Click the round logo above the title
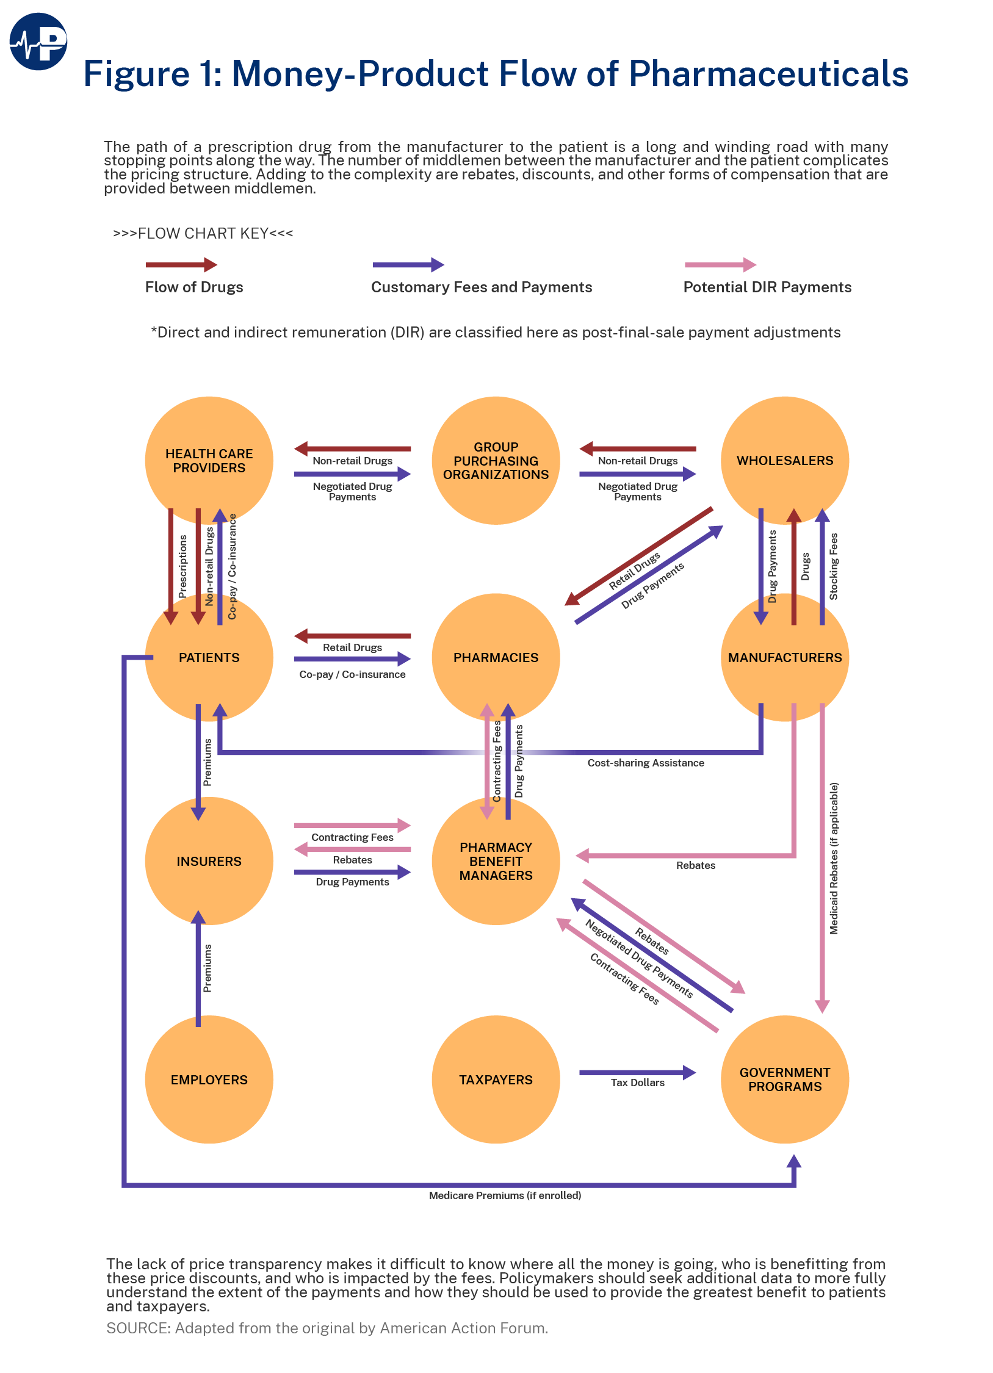[x=38, y=41]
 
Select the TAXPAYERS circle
[x=496, y=1079]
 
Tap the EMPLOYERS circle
[x=209, y=1079]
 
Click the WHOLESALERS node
[x=784, y=460]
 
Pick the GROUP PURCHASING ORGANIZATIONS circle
[x=496, y=460]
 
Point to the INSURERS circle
[x=209, y=860]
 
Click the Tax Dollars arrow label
[x=637, y=1083]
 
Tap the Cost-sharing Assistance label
[x=645, y=763]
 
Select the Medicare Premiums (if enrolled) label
[x=505, y=1195]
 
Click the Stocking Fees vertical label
[x=834, y=566]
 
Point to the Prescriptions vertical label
[x=182, y=566]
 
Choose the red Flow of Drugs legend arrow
[x=181, y=265]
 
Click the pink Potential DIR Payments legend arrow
[x=720, y=265]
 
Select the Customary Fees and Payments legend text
[x=482, y=287]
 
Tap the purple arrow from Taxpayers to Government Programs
[x=637, y=1072]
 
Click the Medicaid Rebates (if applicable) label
[x=834, y=858]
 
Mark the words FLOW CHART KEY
[x=203, y=234]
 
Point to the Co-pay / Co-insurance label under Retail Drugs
[x=352, y=674]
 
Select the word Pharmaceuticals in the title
[x=768, y=74]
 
